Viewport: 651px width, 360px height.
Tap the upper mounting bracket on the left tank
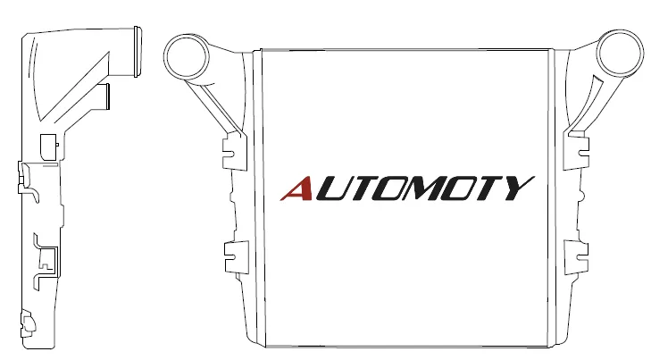tap(235, 152)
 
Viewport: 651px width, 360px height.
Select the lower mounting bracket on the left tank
tap(237, 257)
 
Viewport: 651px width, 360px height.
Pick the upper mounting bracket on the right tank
tap(576, 150)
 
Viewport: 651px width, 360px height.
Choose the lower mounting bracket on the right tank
tap(576, 257)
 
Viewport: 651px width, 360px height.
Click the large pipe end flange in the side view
tap(137, 52)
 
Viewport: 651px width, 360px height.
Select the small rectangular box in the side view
tap(48, 147)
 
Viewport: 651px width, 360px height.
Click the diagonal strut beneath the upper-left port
tap(213, 108)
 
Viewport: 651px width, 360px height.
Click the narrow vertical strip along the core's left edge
tap(258, 197)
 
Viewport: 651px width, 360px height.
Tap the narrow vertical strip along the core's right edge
tap(552, 197)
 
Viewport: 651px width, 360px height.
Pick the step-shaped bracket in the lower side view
tap(46, 262)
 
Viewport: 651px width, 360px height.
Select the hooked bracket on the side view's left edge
tap(27, 182)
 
